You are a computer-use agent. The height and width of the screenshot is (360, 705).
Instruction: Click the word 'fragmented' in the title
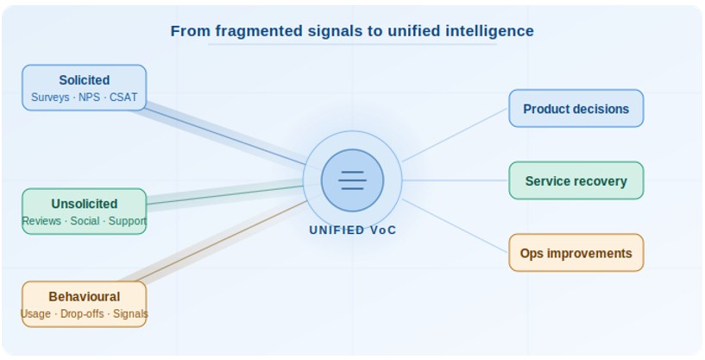258,31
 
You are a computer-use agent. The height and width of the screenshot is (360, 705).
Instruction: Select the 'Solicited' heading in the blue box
84,80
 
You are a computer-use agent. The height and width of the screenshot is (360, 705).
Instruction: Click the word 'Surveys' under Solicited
50,98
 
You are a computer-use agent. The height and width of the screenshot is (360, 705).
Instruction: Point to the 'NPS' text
89,98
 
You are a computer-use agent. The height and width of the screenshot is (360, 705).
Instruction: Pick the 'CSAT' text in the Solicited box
123,98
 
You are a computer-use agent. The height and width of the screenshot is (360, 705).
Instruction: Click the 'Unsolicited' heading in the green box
84,205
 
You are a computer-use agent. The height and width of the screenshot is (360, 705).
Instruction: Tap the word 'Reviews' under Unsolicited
41,222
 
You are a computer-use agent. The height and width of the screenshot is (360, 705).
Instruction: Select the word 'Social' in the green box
85,222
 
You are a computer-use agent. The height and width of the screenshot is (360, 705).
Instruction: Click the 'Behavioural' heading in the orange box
84,297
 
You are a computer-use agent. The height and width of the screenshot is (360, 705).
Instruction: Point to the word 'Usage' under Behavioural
35,314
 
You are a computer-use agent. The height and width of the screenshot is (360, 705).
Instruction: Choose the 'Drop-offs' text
82,314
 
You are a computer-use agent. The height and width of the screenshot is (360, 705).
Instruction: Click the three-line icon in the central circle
352,180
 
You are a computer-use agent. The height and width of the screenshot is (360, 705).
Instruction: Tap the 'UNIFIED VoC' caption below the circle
353,231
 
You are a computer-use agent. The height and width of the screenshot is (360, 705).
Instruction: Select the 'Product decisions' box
576,109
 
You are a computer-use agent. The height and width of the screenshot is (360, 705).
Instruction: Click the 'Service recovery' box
576,181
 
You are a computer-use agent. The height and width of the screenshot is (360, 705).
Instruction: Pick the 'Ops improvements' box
576,253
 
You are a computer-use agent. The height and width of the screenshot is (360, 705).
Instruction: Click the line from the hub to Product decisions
455,135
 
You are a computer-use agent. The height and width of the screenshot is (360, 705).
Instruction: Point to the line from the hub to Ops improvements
455,225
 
